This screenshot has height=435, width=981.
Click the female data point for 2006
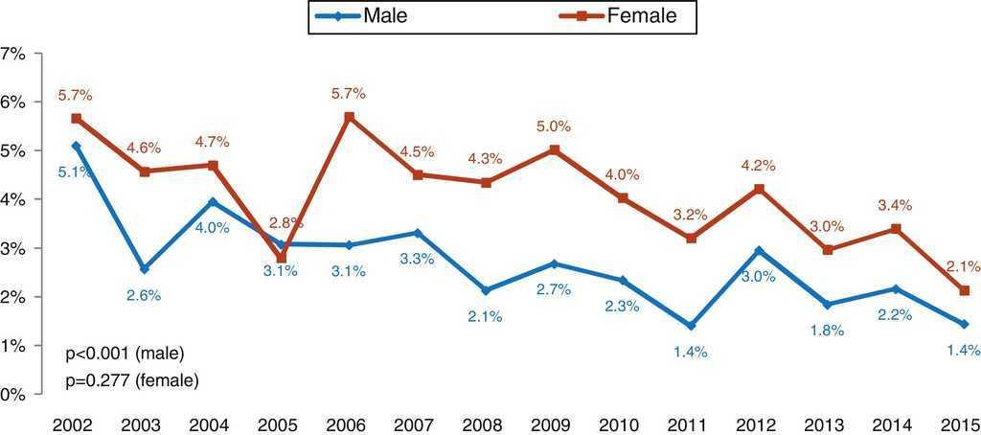click(350, 117)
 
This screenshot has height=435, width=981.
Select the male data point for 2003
click(145, 269)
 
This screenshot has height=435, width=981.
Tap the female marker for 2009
click(555, 149)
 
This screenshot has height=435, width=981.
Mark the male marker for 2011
click(690, 327)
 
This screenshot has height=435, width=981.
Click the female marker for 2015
click(964, 290)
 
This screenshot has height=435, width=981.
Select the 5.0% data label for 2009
click(554, 126)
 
